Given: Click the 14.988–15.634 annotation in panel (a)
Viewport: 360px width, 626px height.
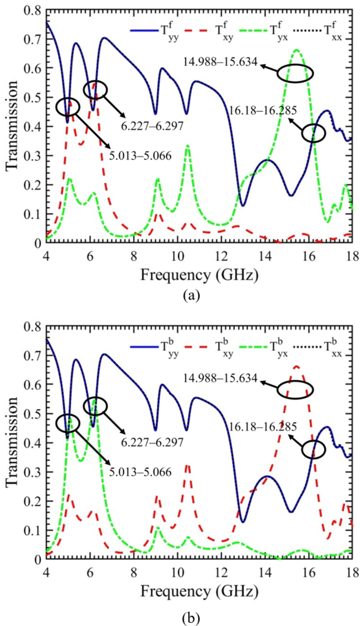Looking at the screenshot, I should pos(220,62).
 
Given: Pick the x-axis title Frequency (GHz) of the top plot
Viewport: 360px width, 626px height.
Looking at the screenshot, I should pos(198,274).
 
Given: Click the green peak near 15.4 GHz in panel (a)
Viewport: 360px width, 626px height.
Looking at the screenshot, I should pos(297,50).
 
